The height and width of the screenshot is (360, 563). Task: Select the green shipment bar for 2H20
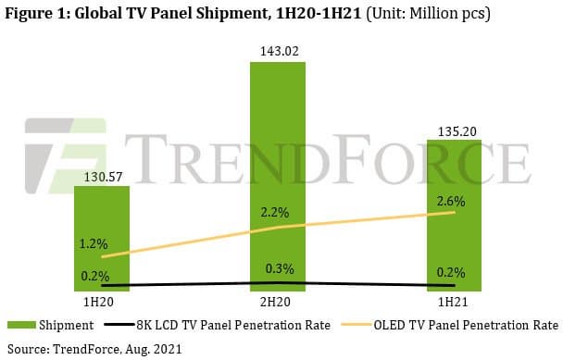278,176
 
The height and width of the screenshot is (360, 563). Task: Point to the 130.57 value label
103,175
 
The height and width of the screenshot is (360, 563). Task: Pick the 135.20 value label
454,131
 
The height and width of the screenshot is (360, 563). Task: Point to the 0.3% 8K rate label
279,269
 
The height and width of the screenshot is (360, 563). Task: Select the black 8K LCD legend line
121,325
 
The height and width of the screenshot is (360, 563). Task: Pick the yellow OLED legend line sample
358,325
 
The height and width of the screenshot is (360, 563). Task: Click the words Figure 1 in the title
37,14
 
